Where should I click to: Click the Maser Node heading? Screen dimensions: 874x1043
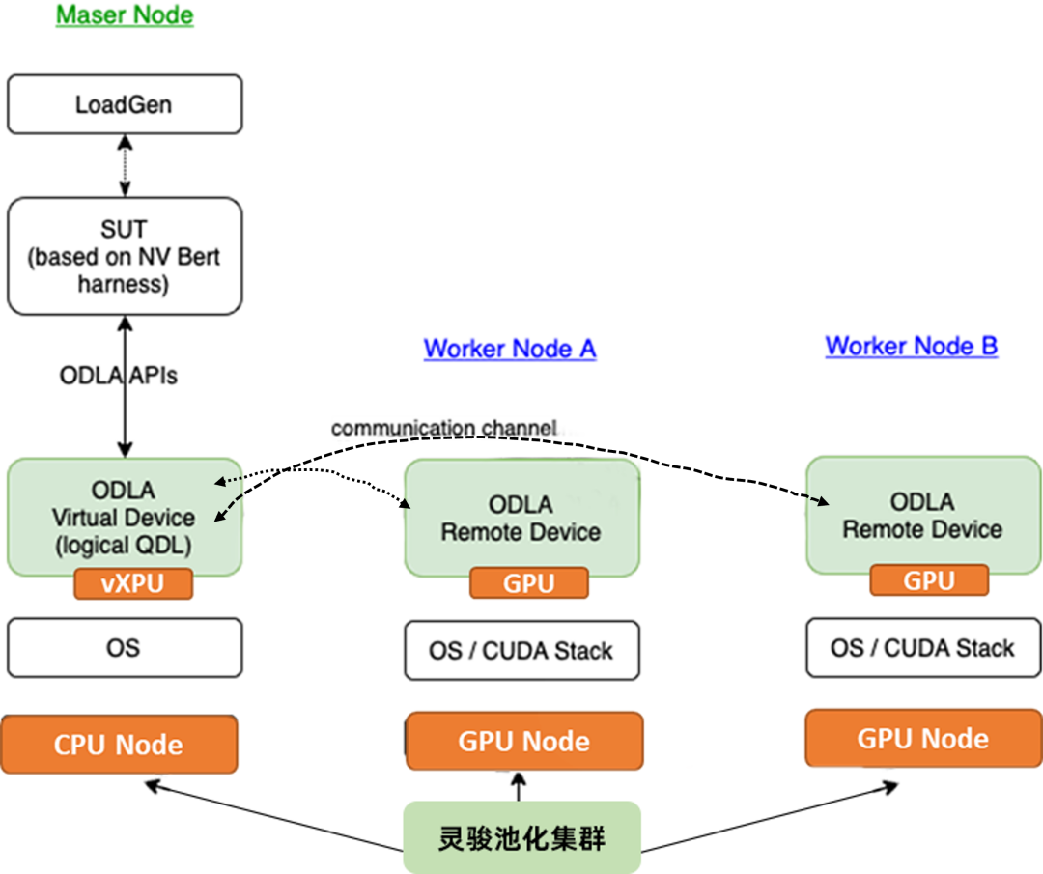coord(125,16)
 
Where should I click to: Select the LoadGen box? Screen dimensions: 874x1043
coord(125,104)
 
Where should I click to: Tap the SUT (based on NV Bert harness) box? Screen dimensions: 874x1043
coord(125,256)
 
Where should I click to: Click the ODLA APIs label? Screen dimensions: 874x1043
coord(119,376)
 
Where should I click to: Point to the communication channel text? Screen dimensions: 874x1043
coord(444,427)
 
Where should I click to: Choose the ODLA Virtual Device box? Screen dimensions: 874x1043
coord(124,517)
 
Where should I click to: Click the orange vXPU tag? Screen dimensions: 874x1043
coord(133,585)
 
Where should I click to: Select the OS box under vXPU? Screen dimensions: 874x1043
coord(125,648)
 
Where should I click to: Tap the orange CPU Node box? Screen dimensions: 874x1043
coord(119,745)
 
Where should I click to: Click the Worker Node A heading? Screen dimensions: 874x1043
coord(509,349)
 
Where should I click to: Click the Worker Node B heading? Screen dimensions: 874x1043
coord(911,346)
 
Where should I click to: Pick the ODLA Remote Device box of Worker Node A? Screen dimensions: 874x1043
coord(521,518)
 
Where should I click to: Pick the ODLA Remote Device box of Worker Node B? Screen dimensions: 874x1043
coord(923,515)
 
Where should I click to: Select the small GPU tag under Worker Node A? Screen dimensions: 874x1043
coord(528,583)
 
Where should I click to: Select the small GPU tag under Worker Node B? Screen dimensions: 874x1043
coord(929,580)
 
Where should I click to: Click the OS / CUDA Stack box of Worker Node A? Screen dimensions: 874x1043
coord(521,651)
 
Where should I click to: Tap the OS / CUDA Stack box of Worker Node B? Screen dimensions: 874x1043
coord(923,648)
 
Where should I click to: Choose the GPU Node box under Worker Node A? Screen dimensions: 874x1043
coord(524,742)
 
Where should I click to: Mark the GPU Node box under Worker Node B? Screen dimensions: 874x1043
coord(923,739)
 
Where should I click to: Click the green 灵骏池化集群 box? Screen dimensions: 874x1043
coord(522,837)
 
